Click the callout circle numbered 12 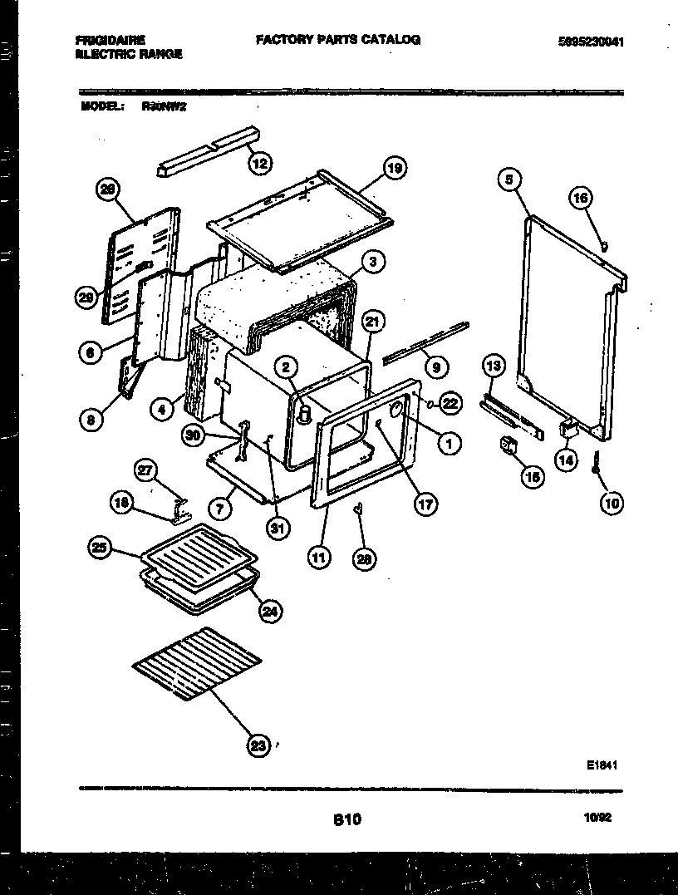260,163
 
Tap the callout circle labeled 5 510,178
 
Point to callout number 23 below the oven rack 258,745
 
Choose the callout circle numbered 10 612,503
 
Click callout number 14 567,460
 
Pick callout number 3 373,262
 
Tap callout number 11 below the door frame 318,558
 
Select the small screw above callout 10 597,463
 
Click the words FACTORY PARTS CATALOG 337,39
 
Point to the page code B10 347,819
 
